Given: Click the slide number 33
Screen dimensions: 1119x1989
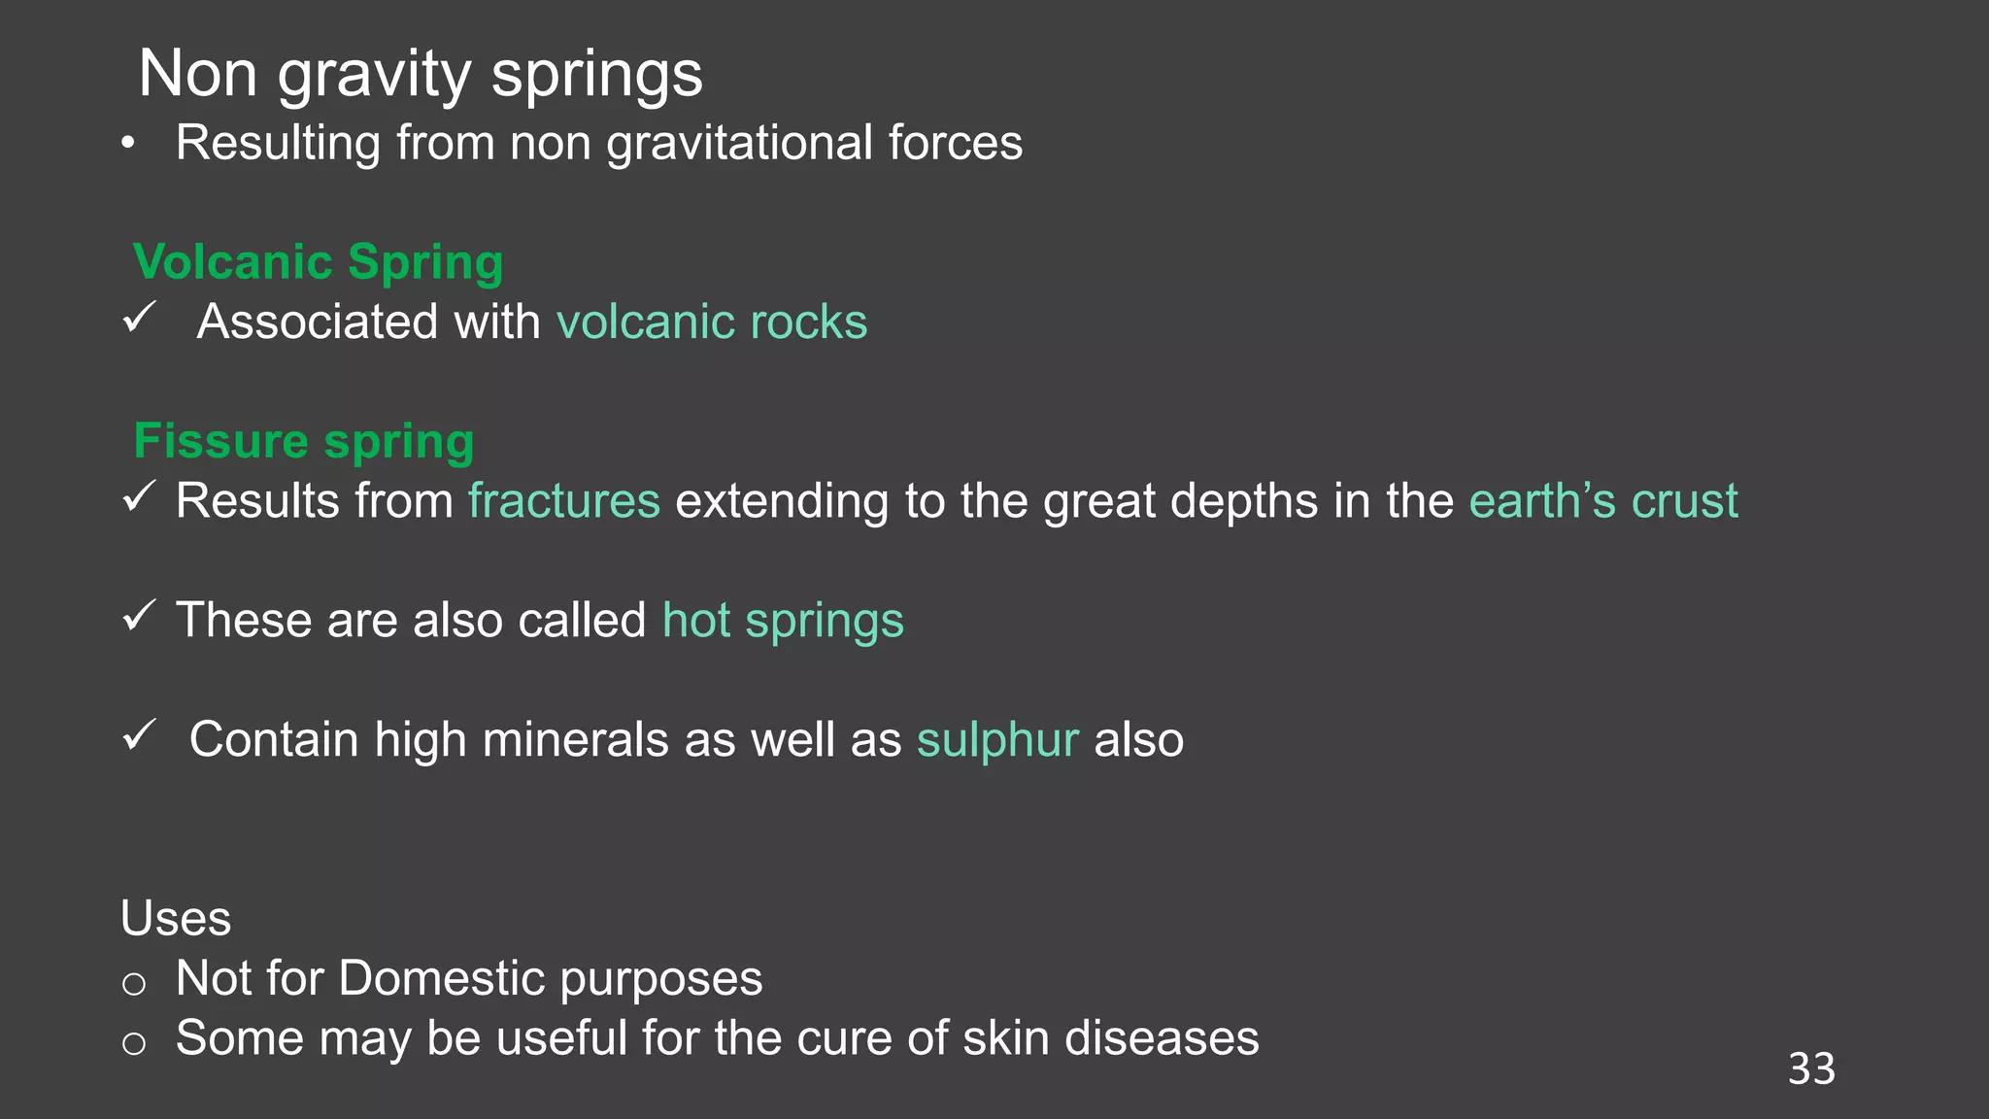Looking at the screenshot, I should (1811, 1068).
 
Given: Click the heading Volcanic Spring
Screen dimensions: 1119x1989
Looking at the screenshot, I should (318, 262).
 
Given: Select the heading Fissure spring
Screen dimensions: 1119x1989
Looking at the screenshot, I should (304, 441).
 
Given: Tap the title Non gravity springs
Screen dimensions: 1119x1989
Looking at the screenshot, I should (421, 74).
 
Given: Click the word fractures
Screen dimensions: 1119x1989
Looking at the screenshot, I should (564, 501).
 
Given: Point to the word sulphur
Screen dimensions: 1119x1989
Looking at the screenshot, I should (997, 740).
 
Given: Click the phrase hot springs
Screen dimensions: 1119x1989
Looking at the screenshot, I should (783, 621).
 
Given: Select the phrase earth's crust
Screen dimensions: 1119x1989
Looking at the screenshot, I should (1603, 501).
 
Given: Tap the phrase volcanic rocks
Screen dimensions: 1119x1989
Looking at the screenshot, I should (712, 322).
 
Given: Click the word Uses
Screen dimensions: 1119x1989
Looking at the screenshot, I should (176, 918).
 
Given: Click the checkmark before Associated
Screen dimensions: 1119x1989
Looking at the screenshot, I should (140, 317).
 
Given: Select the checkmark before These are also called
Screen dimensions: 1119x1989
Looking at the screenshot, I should (140, 615).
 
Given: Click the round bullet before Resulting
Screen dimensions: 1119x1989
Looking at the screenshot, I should (128, 145).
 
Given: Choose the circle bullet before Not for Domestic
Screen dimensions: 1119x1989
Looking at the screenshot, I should (134, 984).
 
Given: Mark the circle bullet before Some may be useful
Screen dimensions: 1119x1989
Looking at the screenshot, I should (134, 1044).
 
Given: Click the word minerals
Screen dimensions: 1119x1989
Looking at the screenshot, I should (575, 740).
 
